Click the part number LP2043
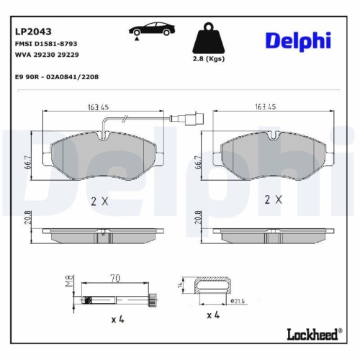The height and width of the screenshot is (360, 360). pos(31,31)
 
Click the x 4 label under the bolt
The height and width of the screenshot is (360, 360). pos(116,318)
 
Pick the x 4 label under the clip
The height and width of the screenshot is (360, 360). pos(214,315)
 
